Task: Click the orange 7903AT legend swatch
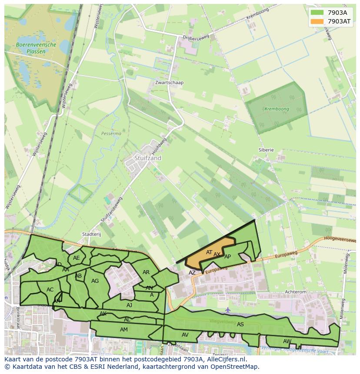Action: (317, 21)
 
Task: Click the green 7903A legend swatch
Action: (317, 13)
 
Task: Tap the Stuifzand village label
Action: (147, 158)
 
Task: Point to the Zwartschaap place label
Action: (169, 83)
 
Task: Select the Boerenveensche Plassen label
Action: (36, 48)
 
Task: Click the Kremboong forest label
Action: (277, 109)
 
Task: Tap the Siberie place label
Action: (266, 150)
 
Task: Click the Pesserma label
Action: (111, 134)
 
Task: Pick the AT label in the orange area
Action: (209, 252)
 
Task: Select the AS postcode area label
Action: (240, 324)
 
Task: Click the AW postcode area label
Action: (287, 341)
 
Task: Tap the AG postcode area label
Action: (95, 281)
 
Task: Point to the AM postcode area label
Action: (124, 330)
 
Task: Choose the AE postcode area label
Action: (77, 258)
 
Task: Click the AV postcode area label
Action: (185, 334)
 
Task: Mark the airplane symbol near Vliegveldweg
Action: (228, 310)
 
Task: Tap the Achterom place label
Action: (295, 292)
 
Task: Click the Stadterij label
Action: (91, 234)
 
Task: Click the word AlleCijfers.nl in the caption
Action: (226, 359)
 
